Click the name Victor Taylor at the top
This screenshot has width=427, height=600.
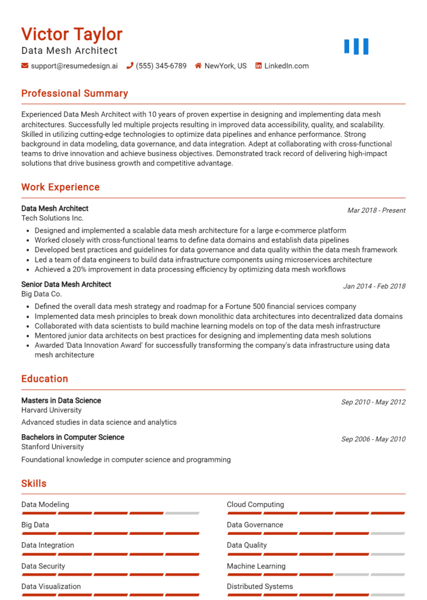tap(72, 35)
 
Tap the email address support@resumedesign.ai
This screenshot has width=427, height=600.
tap(75, 66)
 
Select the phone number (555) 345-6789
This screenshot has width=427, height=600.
tap(161, 66)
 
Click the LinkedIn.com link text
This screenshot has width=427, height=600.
tap(286, 66)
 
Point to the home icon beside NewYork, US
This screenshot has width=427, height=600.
tap(198, 66)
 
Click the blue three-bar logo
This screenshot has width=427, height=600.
tap(356, 47)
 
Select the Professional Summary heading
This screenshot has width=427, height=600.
tap(75, 94)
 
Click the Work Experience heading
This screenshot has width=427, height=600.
tap(60, 187)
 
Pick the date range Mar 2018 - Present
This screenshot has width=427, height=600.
tap(376, 210)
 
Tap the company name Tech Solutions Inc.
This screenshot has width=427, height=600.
tap(52, 218)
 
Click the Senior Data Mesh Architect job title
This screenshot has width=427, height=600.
tap(66, 284)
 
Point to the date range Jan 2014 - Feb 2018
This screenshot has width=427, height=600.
tap(374, 286)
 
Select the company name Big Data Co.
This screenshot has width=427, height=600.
tap(42, 294)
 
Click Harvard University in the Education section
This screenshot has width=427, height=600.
tap(51, 410)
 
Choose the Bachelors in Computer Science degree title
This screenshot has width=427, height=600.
tap(73, 437)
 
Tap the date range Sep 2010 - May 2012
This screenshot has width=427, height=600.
tap(373, 402)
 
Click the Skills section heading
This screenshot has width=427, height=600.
tap(34, 484)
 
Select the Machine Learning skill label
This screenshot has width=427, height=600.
tap(256, 566)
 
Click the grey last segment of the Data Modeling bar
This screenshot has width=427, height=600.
tap(182, 513)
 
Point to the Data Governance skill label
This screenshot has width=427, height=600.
tap(255, 525)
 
